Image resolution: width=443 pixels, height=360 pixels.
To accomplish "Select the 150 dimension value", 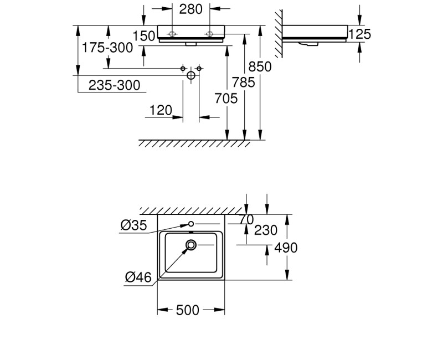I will click(144, 37).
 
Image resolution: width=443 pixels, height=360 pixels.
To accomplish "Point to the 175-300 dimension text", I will click(107, 48).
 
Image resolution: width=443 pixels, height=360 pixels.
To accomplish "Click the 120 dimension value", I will click(161, 110).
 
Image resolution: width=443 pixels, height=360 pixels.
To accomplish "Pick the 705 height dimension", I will click(226, 99).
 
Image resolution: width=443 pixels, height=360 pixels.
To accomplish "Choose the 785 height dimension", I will click(244, 83).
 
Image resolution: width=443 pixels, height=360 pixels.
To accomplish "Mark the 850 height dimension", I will click(260, 66).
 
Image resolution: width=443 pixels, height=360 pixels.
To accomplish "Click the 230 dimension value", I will click(266, 230).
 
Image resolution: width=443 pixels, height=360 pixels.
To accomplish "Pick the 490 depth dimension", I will click(286, 248).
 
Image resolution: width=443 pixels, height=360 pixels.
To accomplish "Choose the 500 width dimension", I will click(187, 311).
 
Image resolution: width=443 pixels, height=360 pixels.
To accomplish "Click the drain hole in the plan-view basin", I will click(192, 244).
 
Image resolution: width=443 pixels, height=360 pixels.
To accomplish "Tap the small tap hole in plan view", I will click(191, 224).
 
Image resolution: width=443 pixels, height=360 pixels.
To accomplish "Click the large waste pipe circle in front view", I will click(191, 75).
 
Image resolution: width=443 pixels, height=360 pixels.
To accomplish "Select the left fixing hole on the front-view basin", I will click(173, 33).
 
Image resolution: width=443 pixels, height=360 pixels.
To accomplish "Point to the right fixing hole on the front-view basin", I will click(209, 33).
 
